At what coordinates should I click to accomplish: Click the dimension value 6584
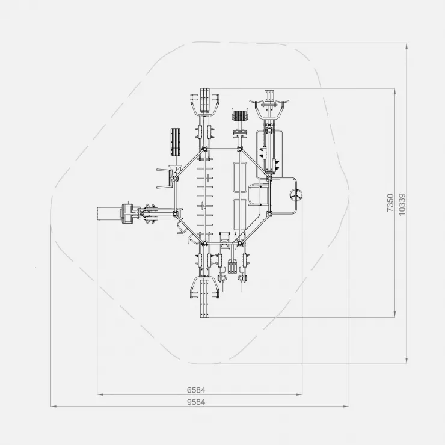(x=196, y=390)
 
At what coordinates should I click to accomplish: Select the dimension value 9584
(x=196, y=402)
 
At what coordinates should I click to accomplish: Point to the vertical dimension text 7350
(x=390, y=203)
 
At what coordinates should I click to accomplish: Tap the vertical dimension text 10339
(x=402, y=204)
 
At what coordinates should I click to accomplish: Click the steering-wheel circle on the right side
(x=296, y=195)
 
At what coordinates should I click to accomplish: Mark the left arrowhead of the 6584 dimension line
(x=100, y=394)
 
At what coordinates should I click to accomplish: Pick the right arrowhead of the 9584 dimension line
(x=346, y=407)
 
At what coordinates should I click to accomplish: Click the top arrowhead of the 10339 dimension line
(x=407, y=46)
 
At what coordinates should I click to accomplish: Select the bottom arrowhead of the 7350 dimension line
(x=394, y=314)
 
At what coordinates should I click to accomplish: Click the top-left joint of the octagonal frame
(x=204, y=149)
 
